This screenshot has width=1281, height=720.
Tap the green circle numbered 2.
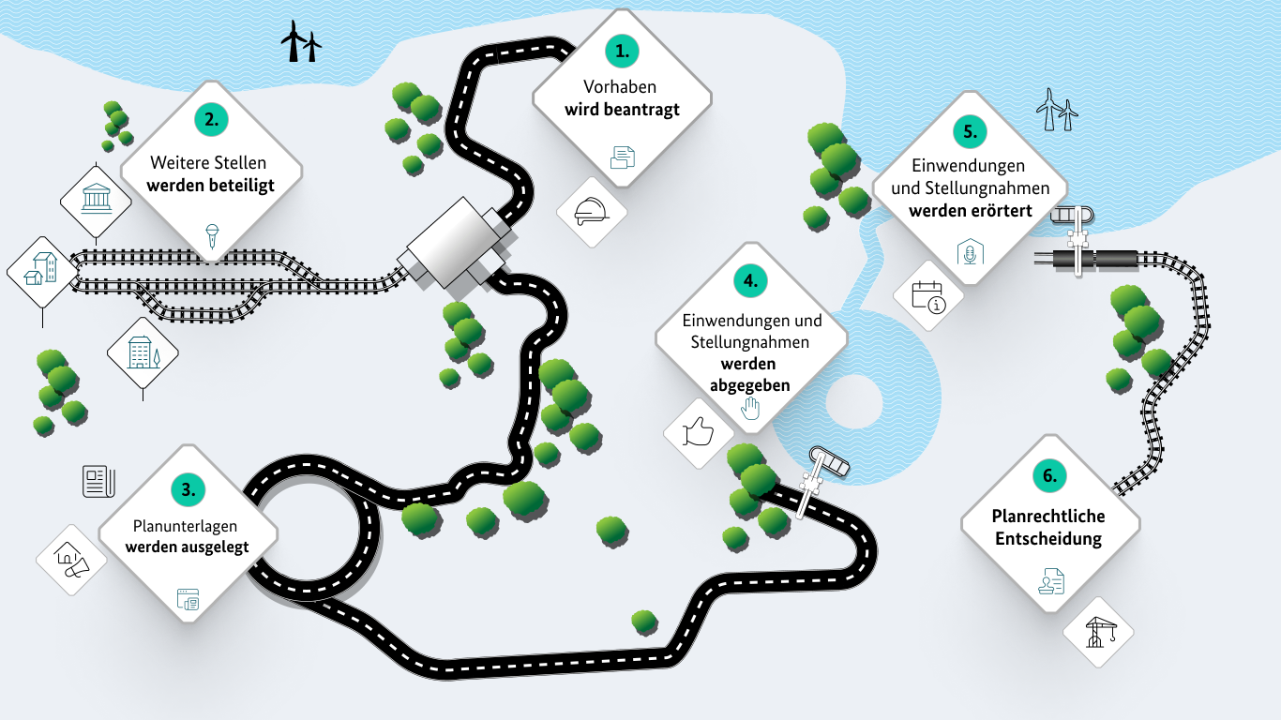click(x=212, y=119)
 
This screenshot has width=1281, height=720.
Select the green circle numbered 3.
click(x=188, y=488)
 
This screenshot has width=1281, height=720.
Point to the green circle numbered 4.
click(x=750, y=280)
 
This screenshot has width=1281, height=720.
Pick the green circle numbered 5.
click(x=970, y=132)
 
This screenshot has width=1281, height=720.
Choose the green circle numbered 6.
click(x=1050, y=476)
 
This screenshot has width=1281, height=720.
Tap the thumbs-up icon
click(x=699, y=432)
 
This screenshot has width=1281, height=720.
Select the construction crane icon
click(x=1097, y=632)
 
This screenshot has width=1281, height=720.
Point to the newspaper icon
click(x=98, y=481)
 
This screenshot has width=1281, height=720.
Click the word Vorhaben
click(x=621, y=87)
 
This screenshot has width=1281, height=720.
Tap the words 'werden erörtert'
click(x=970, y=211)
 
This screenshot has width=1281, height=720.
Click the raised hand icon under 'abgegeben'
click(x=749, y=408)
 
